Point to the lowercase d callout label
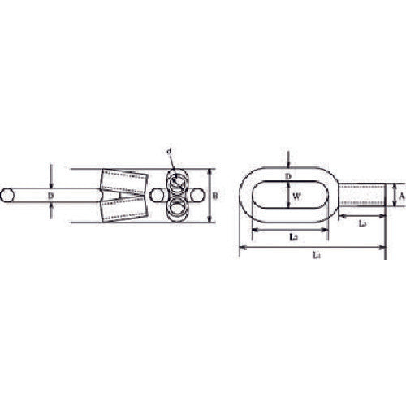[x=169, y=151]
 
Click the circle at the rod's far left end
[x=7, y=196]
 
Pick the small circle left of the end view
[x=158, y=196]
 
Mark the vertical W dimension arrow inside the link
[x=287, y=195]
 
